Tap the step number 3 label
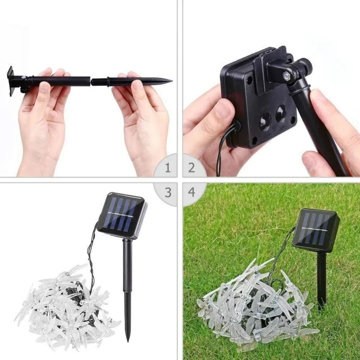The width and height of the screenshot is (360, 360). click(168, 192)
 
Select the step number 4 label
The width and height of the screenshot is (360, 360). click(192, 192)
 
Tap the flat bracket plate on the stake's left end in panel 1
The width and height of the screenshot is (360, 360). click(11, 81)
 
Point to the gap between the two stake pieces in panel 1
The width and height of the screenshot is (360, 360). click(91, 80)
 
